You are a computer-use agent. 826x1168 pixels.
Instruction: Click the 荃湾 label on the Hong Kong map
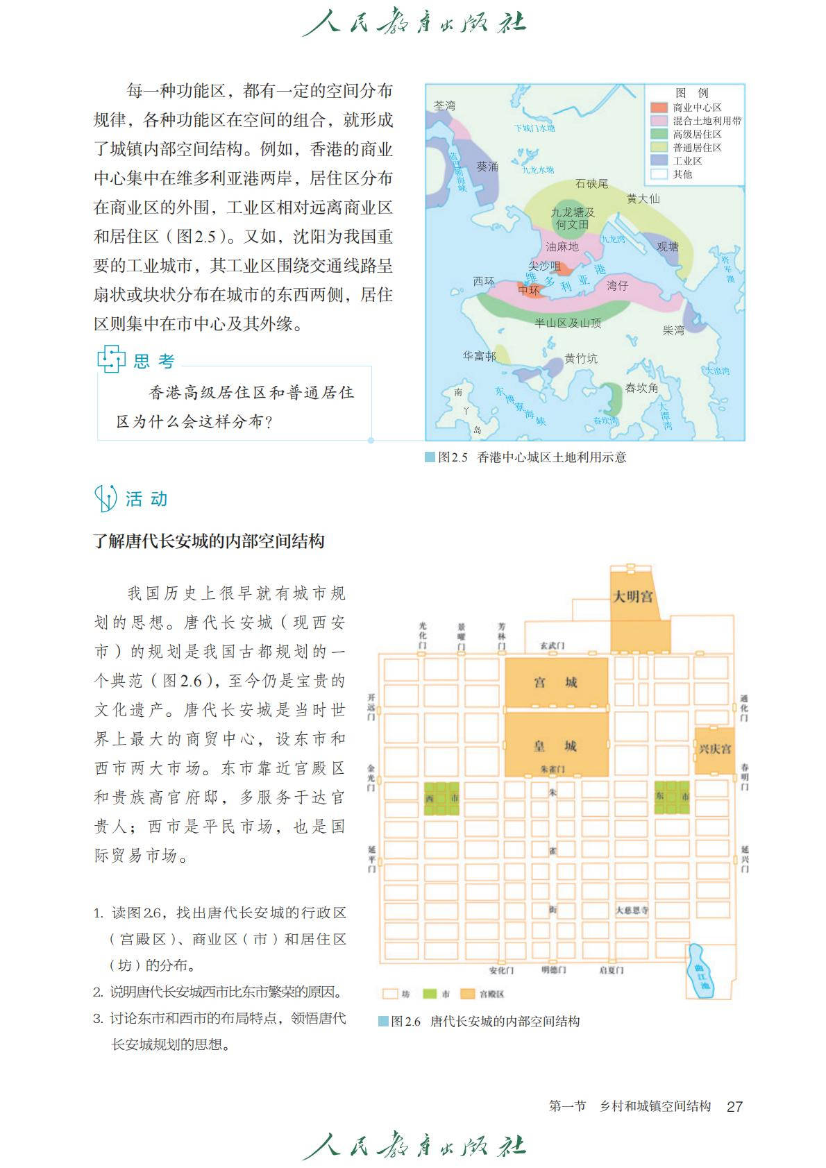[444, 105]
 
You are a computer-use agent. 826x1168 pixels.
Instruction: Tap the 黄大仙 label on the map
[643, 198]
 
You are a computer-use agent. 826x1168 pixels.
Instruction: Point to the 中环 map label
[529, 289]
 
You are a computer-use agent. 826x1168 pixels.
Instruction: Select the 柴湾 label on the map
[673, 330]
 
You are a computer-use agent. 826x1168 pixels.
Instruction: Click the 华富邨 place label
[480, 355]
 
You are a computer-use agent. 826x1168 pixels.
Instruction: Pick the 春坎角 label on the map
[641, 388]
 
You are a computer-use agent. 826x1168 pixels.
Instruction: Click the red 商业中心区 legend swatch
[659, 108]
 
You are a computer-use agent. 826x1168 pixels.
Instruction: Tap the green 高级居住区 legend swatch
[659, 134]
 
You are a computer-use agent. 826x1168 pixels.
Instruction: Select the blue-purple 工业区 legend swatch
[659, 160]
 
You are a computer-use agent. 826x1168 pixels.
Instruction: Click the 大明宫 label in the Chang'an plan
[633, 596]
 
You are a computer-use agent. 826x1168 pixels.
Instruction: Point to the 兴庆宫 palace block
[715, 750]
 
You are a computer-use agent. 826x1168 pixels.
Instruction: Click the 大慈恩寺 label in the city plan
[632, 910]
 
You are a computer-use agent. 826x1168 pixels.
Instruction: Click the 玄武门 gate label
[552, 646]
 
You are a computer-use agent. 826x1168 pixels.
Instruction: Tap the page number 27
[735, 1106]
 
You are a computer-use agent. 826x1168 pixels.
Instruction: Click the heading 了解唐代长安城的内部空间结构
[209, 541]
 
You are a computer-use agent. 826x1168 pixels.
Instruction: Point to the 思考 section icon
[110, 359]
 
